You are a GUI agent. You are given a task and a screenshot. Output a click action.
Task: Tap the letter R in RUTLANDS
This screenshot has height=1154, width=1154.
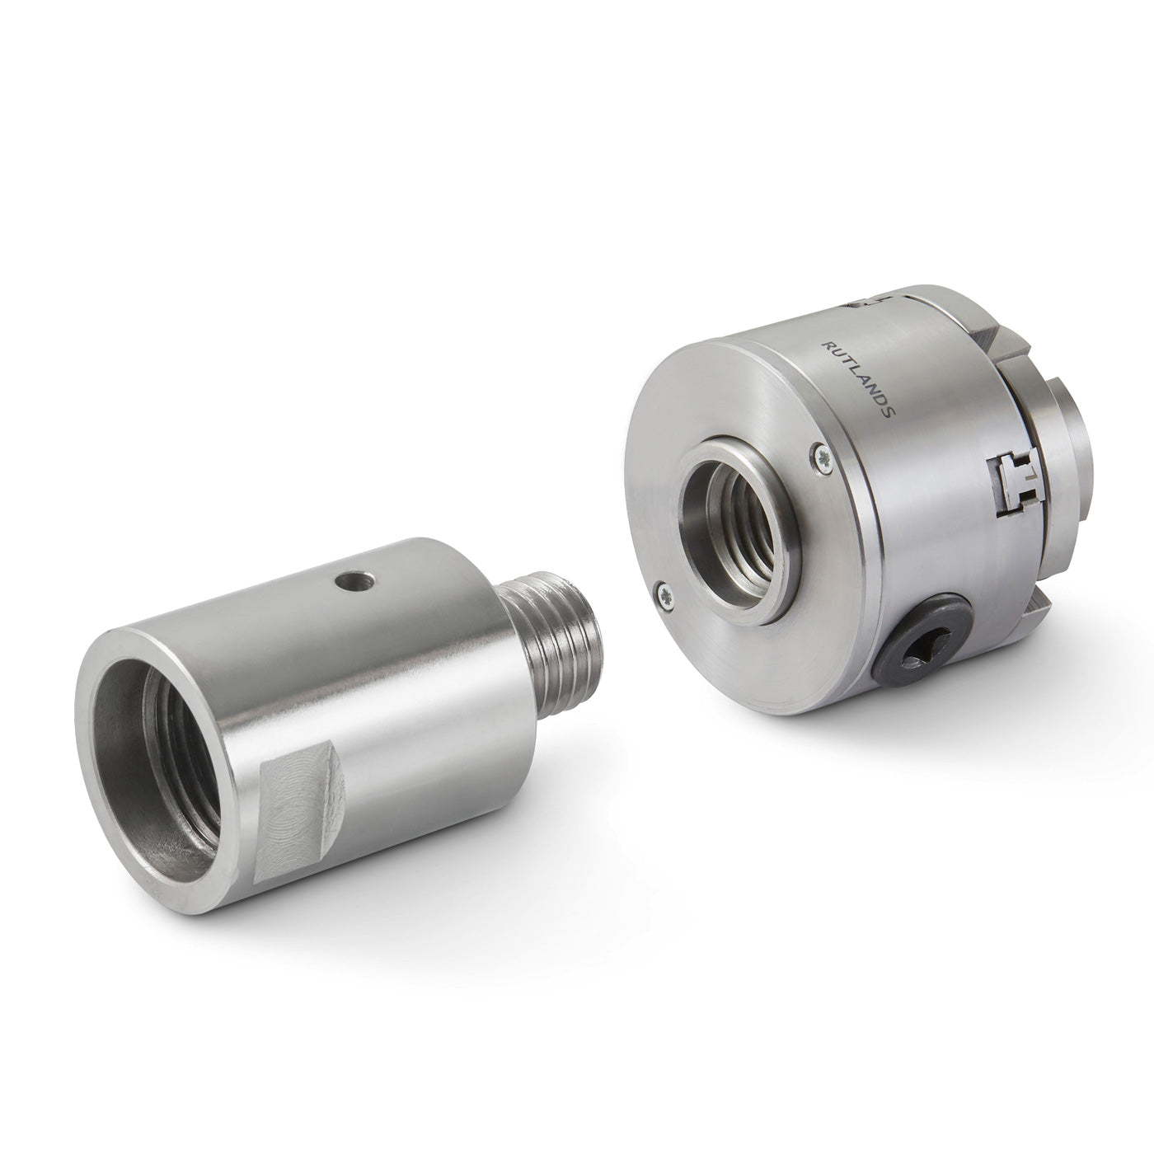click(827, 345)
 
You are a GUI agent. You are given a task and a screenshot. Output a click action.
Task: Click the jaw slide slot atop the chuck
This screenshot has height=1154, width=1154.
click(871, 303)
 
